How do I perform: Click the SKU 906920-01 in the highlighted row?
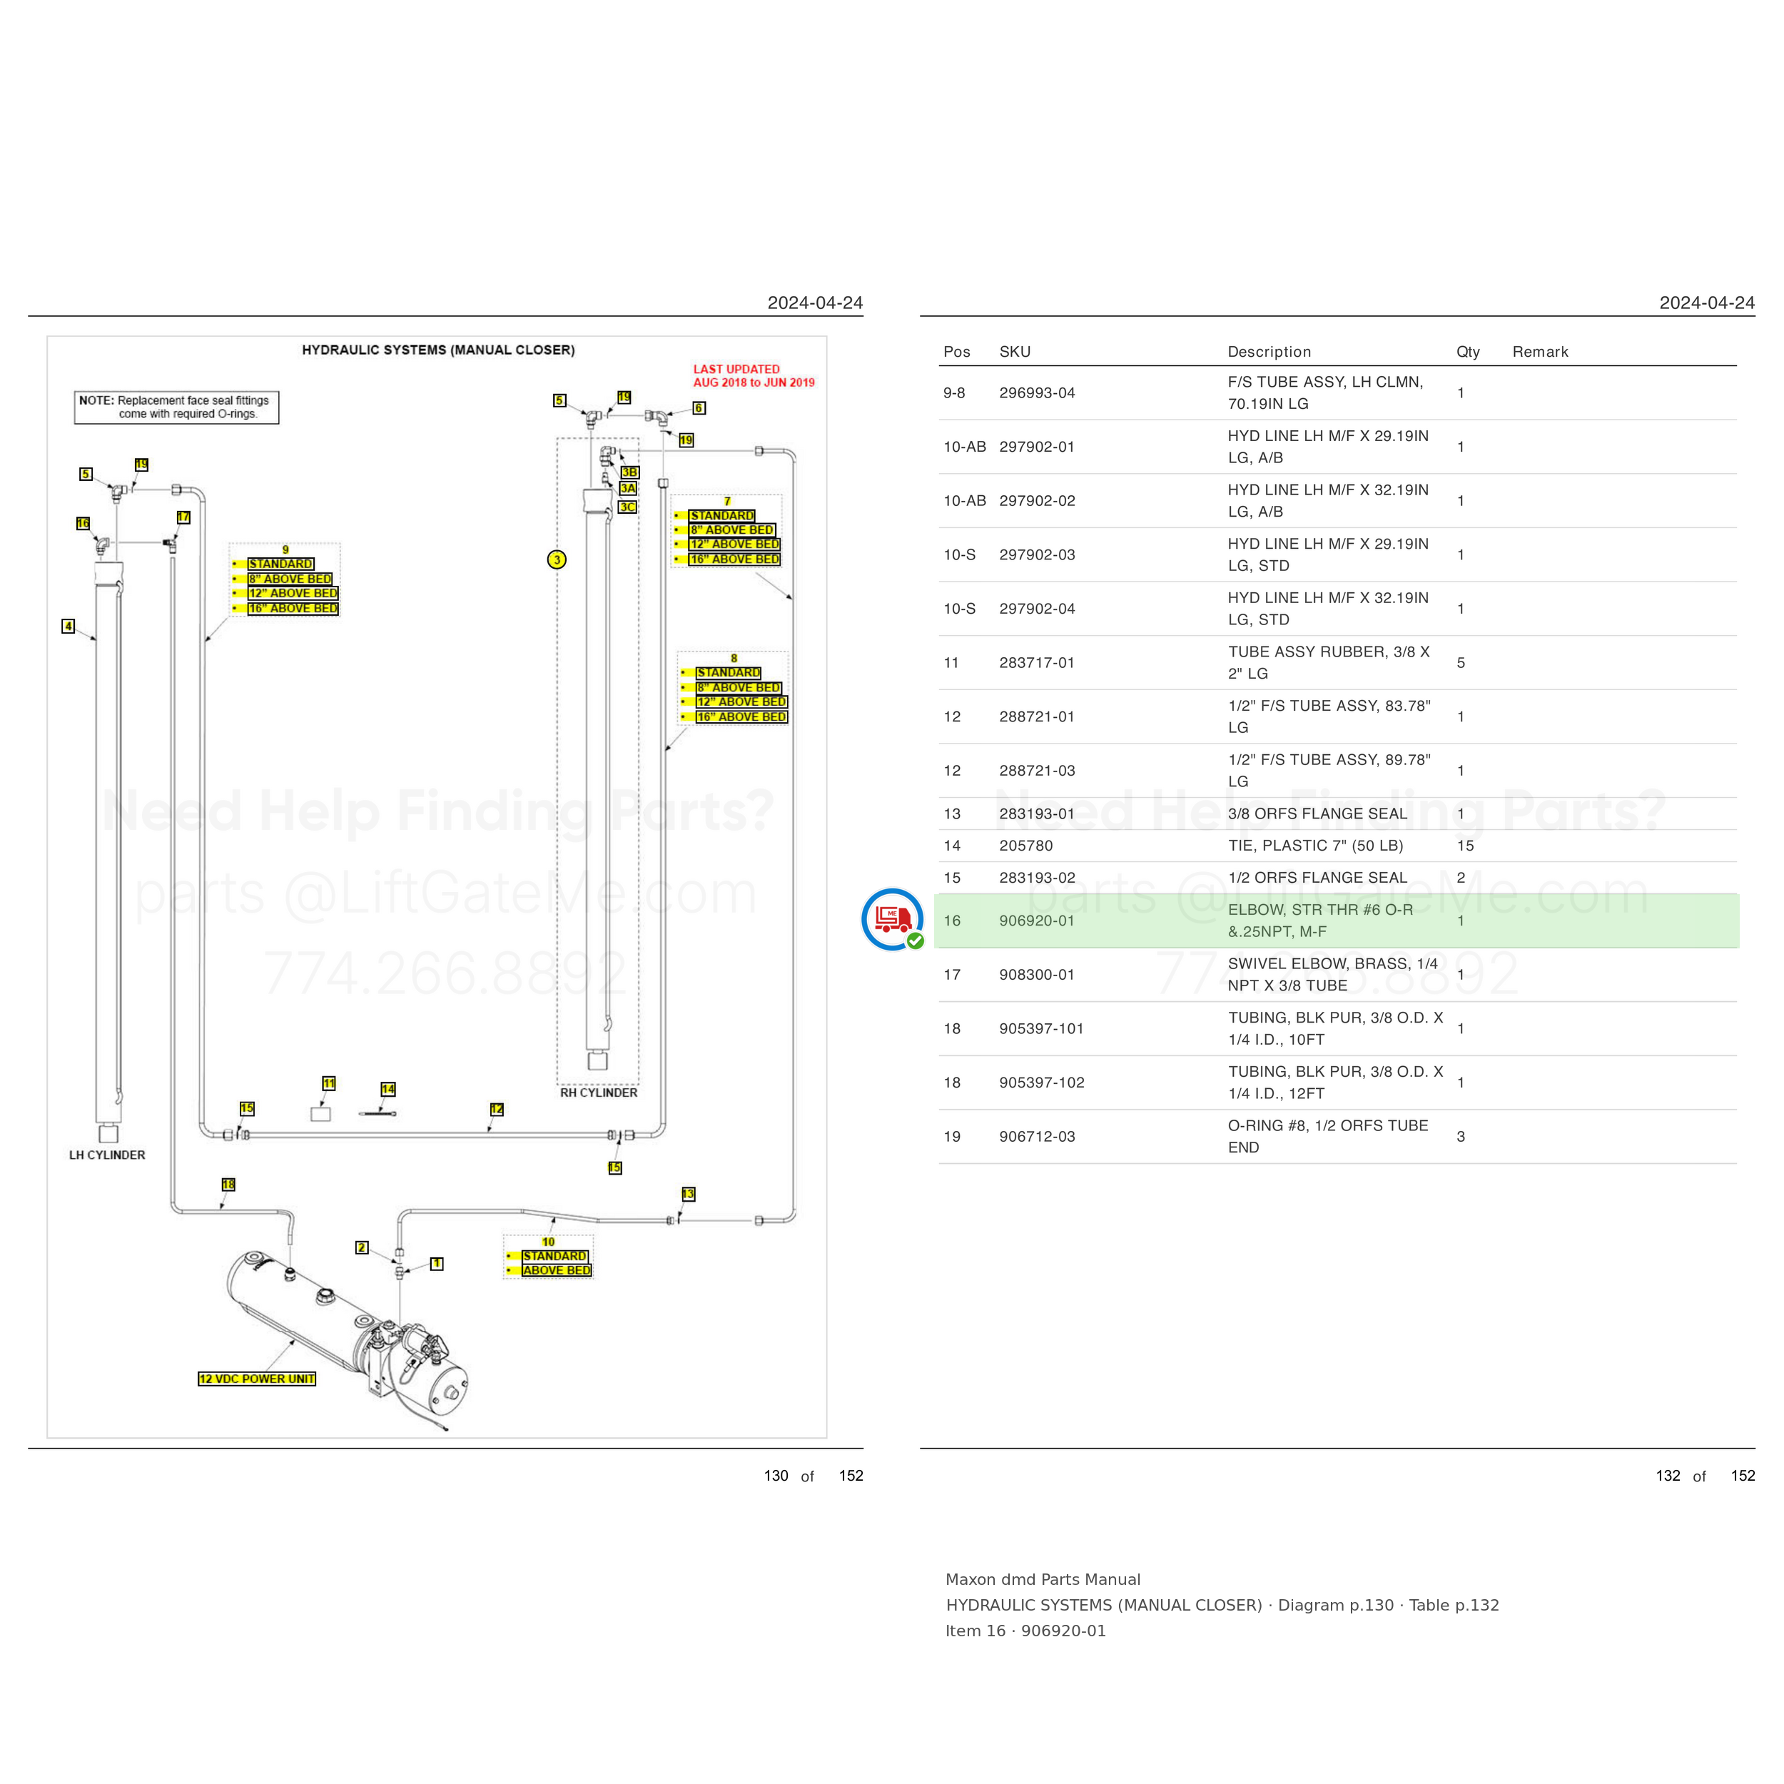point(1036,921)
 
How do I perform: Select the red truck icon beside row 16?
point(892,919)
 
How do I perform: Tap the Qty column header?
point(1467,352)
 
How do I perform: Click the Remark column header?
point(1539,352)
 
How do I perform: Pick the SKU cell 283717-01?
point(1036,663)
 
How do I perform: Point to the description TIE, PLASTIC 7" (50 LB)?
point(1315,846)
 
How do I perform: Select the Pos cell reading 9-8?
point(954,393)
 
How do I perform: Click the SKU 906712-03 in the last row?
point(1037,1137)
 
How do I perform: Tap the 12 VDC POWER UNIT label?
point(257,1379)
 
